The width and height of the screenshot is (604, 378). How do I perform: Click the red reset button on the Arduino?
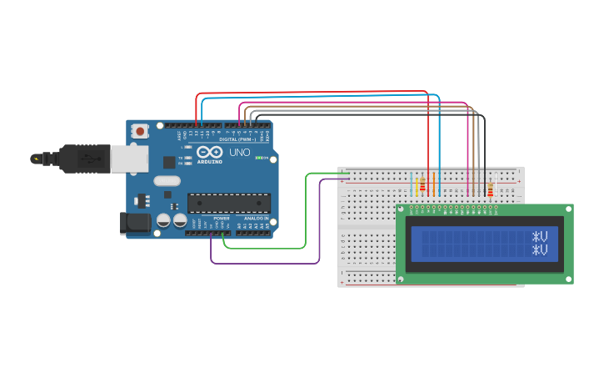tap(140, 131)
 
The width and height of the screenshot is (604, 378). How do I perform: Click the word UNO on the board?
tap(241, 154)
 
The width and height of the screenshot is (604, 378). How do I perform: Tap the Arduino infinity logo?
tap(209, 153)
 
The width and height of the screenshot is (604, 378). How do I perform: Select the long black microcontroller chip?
tap(228, 203)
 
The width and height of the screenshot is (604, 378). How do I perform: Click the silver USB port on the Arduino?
tap(129, 159)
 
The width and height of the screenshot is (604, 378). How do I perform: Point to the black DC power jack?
tap(134, 223)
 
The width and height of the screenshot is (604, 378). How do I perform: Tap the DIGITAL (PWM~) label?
tap(239, 139)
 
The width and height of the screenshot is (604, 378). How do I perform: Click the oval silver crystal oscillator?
tap(167, 180)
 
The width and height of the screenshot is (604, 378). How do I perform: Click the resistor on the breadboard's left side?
tap(422, 185)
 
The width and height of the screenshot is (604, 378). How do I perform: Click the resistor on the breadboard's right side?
tap(490, 190)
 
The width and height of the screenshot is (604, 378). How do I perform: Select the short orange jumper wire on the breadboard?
tap(433, 184)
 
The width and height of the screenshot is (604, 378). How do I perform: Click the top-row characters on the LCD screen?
tap(540, 236)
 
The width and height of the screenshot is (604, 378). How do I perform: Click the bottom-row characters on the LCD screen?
tap(540, 249)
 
